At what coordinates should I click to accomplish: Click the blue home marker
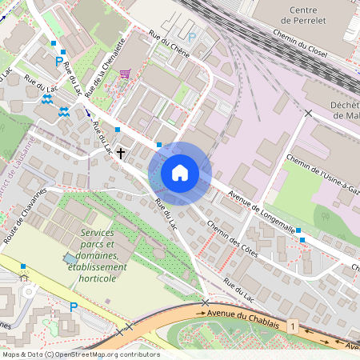pyautogui.click(x=180, y=173)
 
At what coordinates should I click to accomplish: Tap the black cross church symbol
pyautogui.click(x=122, y=152)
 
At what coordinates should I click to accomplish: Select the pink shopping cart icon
pyautogui.click(x=125, y=74)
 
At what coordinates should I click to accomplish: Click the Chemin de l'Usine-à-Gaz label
pyautogui.click(x=318, y=174)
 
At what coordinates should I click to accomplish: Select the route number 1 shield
pyautogui.click(x=294, y=326)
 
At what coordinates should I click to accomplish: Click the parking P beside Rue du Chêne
pyautogui.click(x=191, y=37)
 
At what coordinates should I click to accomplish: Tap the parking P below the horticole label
pyautogui.click(x=74, y=306)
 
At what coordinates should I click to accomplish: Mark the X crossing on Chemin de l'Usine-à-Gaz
pyautogui.click(x=308, y=113)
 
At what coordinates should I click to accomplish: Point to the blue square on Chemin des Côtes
pyautogui.click(x=300, y=230)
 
